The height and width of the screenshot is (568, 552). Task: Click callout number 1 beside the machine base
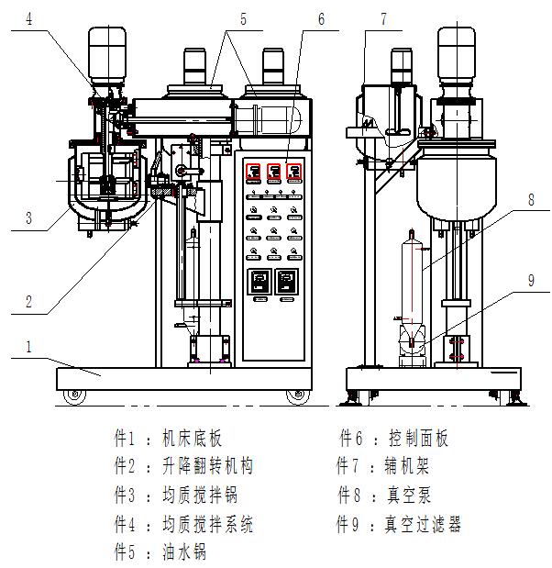pos(29,348)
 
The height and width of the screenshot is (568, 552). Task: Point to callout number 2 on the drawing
pos(28,299)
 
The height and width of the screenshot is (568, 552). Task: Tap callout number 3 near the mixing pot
pos(28,218)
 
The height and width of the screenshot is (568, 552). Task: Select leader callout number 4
pos(29,18)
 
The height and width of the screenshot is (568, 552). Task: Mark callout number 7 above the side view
pos(383,18)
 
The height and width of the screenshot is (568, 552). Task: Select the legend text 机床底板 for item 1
pos(192,440)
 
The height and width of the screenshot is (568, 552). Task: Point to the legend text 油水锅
pos(183,552)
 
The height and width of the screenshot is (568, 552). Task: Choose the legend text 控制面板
pos(418,440)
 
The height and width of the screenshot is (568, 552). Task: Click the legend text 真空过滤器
pos(423,524)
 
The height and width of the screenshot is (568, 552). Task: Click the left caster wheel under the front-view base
pos(72,396)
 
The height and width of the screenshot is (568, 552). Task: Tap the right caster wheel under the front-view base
pos(295,396)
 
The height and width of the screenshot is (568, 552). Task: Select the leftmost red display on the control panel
pos(252,172)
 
